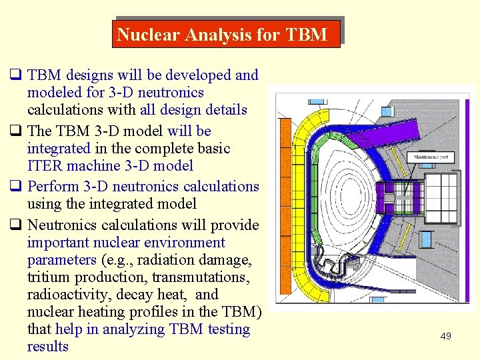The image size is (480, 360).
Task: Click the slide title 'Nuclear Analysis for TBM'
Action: pos(222,34)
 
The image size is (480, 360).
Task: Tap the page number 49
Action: pos(445,336)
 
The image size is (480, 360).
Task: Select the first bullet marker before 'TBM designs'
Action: pos(15,75)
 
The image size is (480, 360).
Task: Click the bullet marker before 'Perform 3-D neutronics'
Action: pos(15,187)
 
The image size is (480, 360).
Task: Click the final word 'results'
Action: pos(47,347)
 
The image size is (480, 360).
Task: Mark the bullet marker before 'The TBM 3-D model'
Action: pos(15,131)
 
